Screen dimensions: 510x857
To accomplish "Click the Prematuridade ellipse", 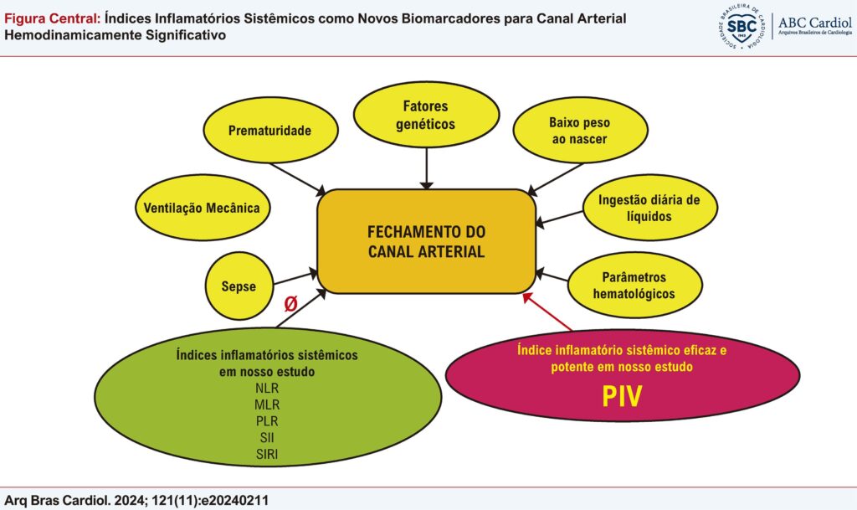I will point(270,131).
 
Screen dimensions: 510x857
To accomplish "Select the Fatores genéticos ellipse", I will point(427,115).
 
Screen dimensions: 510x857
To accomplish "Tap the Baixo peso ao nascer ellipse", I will point(579,131).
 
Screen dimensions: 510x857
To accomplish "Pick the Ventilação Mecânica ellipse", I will point(203,207).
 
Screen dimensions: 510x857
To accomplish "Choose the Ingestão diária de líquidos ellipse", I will point(650,207).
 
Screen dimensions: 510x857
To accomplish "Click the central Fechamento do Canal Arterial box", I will point(426,241).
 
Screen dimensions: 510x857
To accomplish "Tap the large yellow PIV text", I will point(622,396).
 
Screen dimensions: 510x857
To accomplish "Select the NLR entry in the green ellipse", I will point(267,389).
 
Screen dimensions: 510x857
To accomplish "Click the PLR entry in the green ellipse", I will point(267,421).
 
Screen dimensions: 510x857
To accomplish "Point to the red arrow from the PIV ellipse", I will point(547,312).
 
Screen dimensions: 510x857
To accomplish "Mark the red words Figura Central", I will point(52,19).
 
